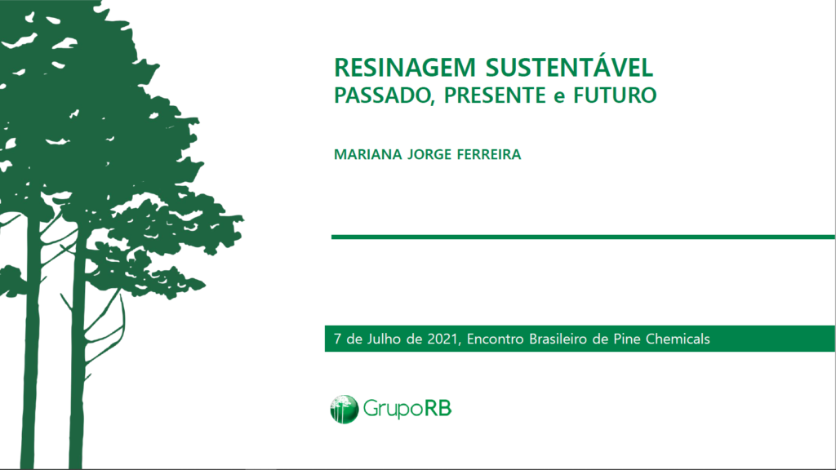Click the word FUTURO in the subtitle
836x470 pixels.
point(615,95)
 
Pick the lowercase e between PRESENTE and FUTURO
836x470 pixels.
point(558,98)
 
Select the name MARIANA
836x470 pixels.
point(368,154)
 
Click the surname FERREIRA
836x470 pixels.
point(489,154)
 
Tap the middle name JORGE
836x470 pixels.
point(429,154)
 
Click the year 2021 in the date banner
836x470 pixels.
point(442,339)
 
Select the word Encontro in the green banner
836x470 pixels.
point(496,339)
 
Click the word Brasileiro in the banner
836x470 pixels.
point(558,339)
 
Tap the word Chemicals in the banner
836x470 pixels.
point(678,339)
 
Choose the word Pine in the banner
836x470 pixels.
point(627,339)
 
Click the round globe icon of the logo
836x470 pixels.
point(344,410)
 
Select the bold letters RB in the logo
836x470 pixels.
point(438,409)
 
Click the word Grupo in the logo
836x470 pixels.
point(393,410)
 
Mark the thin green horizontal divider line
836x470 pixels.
point(583,237)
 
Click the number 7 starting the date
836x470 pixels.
point(337,339)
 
